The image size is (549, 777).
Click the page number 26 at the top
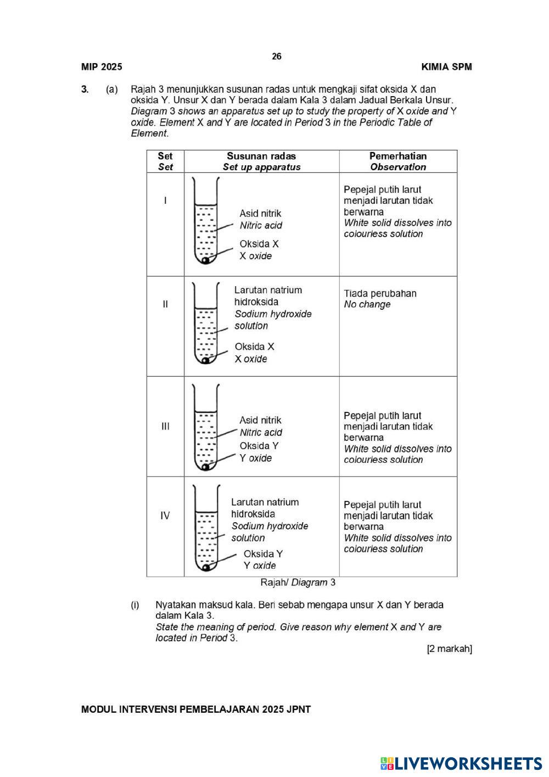277,57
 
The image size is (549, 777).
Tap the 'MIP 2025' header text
102,67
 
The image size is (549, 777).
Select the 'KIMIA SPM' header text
446,67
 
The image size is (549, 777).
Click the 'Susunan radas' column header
261,156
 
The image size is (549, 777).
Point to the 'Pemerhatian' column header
397,156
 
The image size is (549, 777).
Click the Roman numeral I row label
165,200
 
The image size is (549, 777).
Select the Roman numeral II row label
165,304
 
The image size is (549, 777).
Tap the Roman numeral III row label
165,426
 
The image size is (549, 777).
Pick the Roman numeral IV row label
165,516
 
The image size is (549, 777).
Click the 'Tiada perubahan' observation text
380,293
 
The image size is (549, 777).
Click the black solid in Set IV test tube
205,567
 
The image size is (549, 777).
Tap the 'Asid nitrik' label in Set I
260,214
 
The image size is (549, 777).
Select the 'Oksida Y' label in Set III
259,446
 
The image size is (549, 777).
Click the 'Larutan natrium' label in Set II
268,290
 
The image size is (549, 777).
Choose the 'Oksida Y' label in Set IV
263,554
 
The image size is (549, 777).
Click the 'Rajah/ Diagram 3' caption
298,583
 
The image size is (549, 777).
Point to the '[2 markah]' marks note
449,649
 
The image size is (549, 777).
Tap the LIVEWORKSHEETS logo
461,763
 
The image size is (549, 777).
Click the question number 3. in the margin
85,89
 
